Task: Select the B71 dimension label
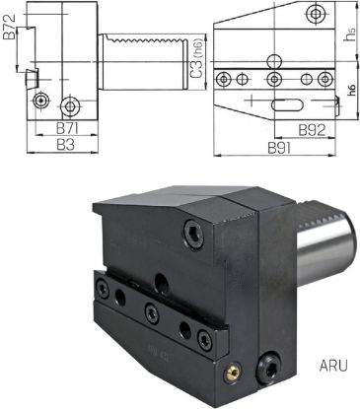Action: tap(67, 128)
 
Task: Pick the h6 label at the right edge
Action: tap(352, 90)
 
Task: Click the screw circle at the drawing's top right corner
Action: tap(315, 14)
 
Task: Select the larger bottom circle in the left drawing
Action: tap(71, 105)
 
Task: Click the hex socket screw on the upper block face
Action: tap(191, 233)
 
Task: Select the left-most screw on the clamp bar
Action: tap(101, 287)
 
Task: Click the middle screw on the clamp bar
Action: tap(150, 312)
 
